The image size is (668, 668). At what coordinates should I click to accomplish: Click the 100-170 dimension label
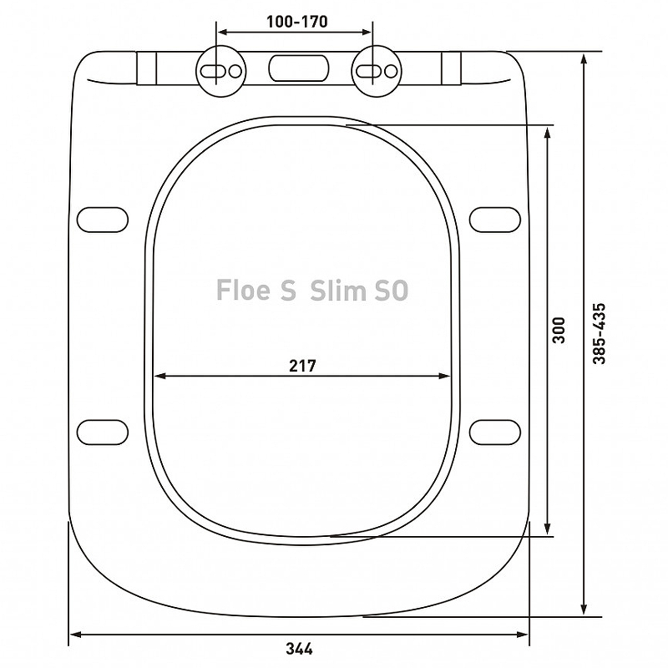tap(297, 22)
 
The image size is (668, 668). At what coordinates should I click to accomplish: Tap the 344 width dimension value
tap(299, 649)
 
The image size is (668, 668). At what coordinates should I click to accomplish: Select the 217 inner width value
tap(302, 366)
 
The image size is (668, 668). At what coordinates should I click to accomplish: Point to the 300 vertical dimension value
tap(558, 330)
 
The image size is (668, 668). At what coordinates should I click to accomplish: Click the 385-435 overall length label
tap(599, 333)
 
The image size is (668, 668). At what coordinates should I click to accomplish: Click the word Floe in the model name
tap(243, 290)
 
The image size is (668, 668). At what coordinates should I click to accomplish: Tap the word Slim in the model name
tap(338, 290)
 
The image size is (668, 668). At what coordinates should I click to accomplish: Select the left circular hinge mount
tap(221, 71)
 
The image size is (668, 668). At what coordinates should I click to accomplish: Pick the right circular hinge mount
tap(377, 71)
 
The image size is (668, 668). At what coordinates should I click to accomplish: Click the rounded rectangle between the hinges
tap(299, 68)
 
